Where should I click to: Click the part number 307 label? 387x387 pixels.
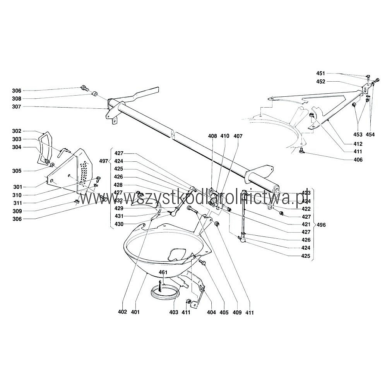17,107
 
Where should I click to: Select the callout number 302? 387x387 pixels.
17,131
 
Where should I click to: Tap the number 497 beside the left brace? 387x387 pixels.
104,161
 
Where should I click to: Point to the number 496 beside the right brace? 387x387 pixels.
321,225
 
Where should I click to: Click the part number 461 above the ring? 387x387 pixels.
163,272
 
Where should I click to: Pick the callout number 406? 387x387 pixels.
358,160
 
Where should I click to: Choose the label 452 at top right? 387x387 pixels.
321,81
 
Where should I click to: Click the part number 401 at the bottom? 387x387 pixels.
135,312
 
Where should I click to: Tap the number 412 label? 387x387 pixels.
358,144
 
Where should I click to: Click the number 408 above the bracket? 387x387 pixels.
212,136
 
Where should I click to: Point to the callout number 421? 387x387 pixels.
306,224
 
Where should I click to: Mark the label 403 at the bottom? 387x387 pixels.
174,312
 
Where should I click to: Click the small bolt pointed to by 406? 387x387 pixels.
301,151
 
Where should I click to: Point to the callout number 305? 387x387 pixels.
17,171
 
